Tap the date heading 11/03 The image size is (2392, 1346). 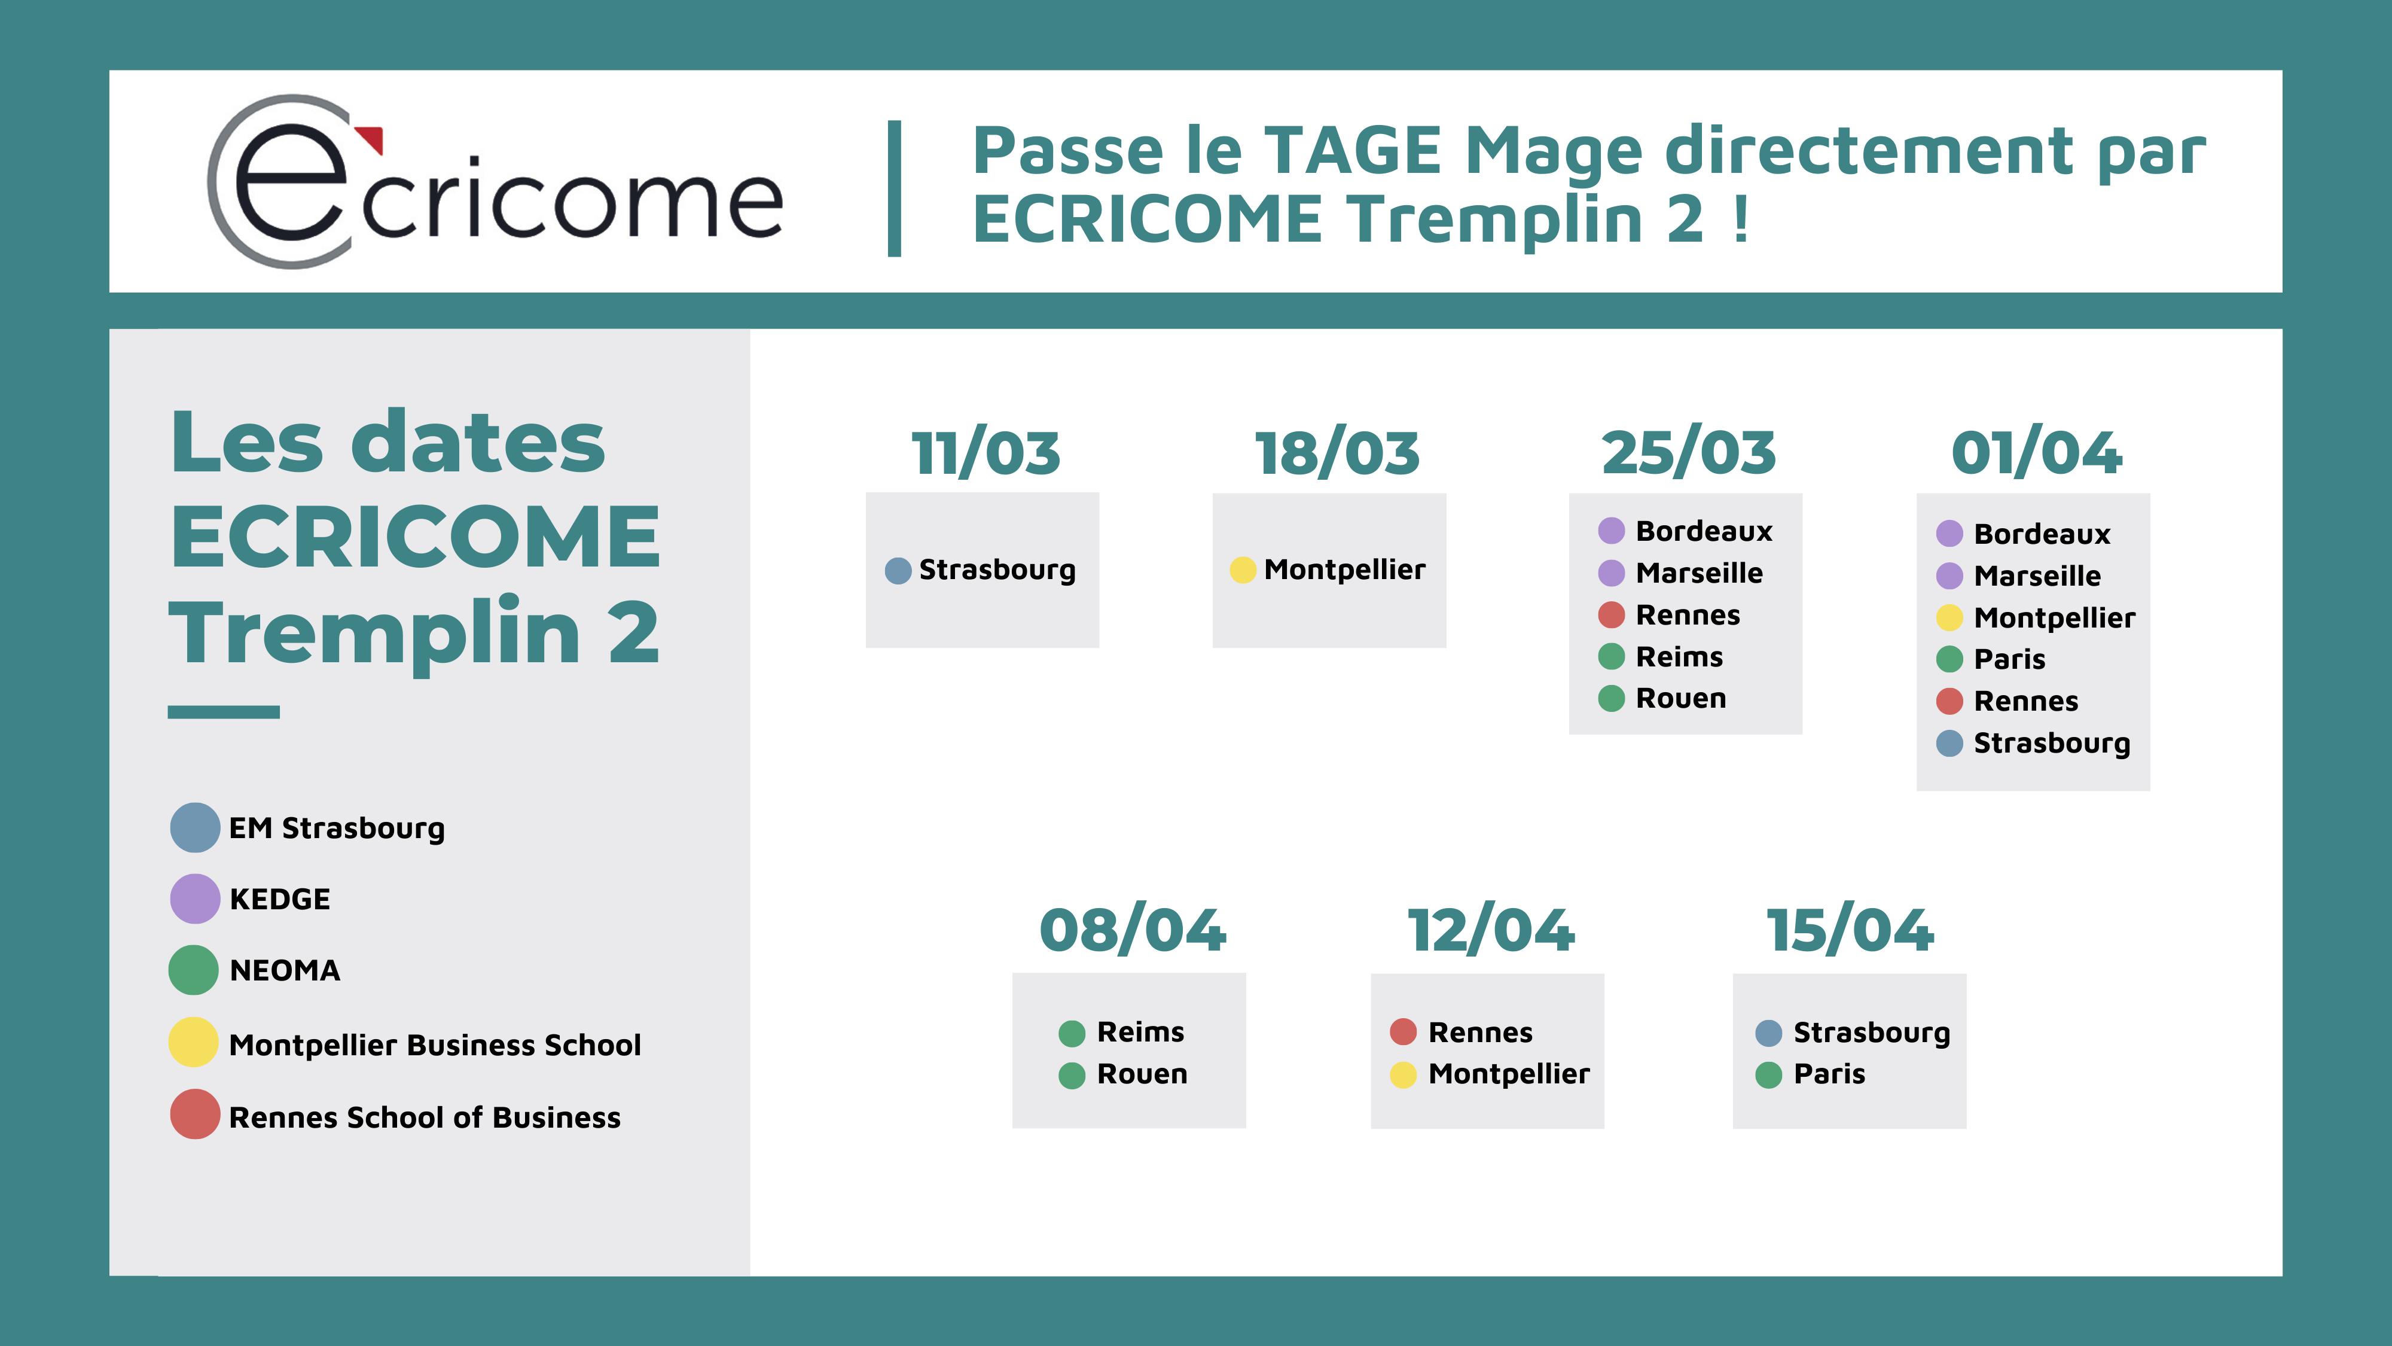click(986, 453)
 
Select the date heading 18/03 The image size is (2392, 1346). click(1337, 453)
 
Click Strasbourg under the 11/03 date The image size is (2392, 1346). click(997, 570)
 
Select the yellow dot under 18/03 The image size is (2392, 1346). click(1243, 570)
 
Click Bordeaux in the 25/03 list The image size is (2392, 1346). click(1704, 531)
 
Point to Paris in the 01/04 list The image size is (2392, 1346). click(2009, 659)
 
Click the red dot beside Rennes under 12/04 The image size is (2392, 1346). click(1403, 1031)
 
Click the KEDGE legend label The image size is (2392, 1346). click(279, 899)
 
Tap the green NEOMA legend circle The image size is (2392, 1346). click(193, 970)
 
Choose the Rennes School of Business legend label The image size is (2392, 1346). click(425, 1117)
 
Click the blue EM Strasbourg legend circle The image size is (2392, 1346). click(195, 828)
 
